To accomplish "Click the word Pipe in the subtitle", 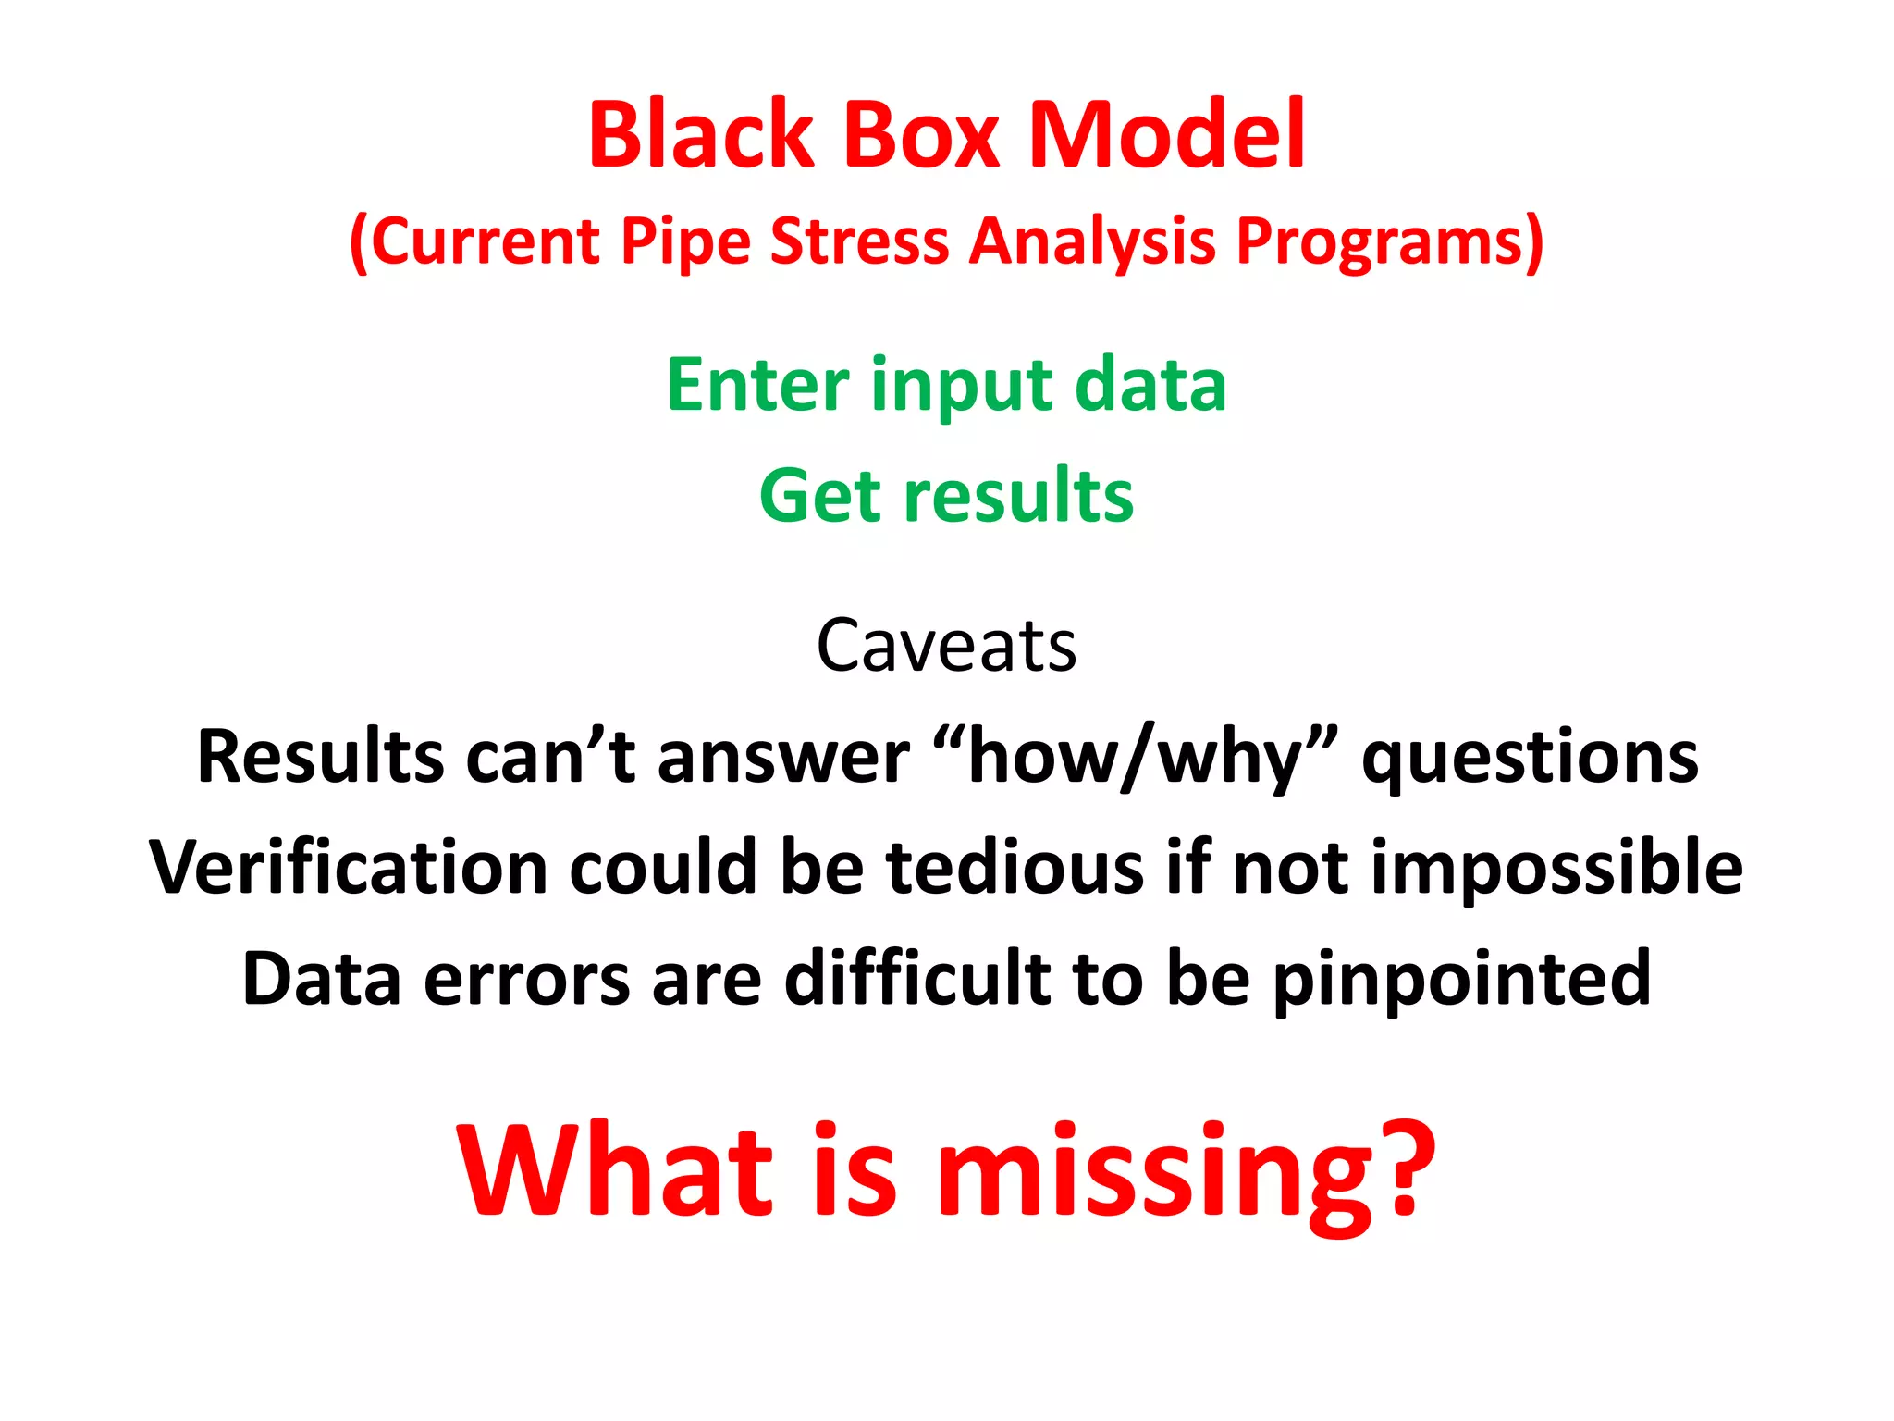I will pos(685,242).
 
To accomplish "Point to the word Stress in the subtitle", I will pos(859,242).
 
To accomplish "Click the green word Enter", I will pos(757,385).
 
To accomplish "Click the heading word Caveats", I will pos(946,646).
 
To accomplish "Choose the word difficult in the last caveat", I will pos(916,979).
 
